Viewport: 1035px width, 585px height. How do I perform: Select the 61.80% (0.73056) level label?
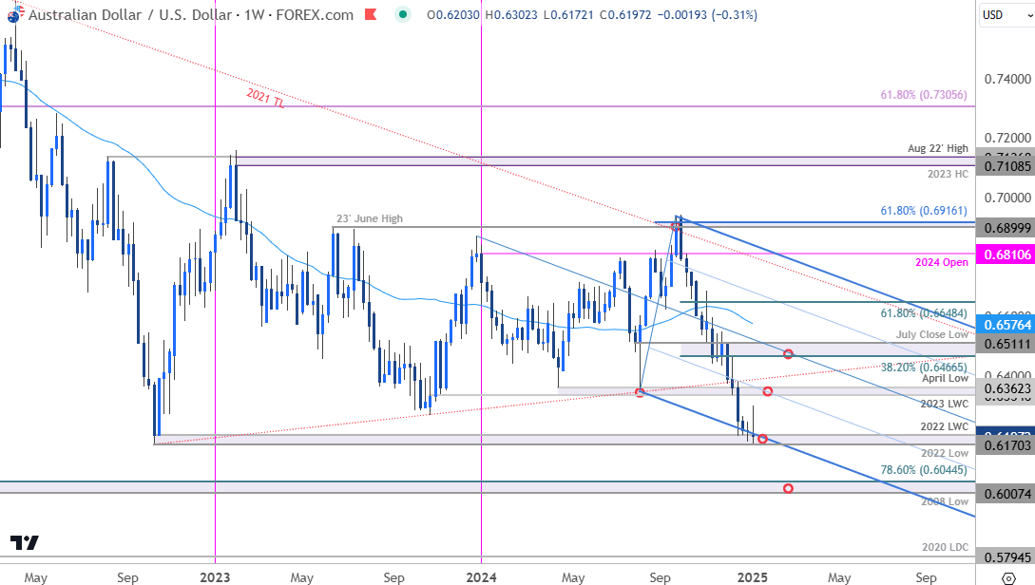click(x=924, y=95)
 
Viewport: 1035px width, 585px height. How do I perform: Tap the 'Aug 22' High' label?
click(x=938, y=148)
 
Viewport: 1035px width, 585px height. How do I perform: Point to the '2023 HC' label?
click(x=948, y=175)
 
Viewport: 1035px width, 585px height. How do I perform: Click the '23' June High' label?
click(x=369, y=218)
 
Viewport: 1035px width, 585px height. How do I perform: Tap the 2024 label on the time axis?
click(x=482, y=576)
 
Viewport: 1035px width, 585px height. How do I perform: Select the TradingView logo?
click(x=26, y=543)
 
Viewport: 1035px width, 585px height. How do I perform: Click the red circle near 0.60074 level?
click(x=788, y=488)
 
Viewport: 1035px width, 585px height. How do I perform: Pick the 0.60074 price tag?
click(x=1006, y=494)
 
